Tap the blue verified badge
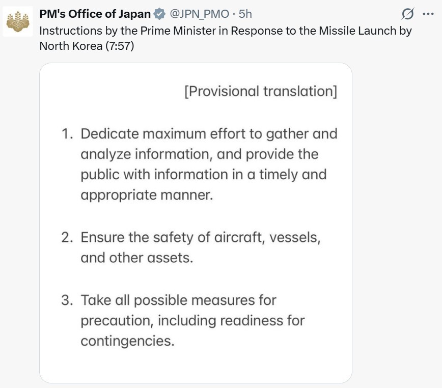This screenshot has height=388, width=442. [x=160, y=14]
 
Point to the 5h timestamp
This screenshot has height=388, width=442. [x=245, y=14]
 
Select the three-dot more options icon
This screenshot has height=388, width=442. [x=428, y=14]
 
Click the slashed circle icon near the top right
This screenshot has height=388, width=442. [x=407, y=14]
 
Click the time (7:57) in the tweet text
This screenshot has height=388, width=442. [x=120, y=46]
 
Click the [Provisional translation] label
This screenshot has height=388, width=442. [x=260, y=92]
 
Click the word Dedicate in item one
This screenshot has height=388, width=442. [x=109, y=134]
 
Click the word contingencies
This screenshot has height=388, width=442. [x=127, y=341]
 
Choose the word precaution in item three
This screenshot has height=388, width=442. [x=116, y=321]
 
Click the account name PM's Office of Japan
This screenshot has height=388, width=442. [x=95, y=14]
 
